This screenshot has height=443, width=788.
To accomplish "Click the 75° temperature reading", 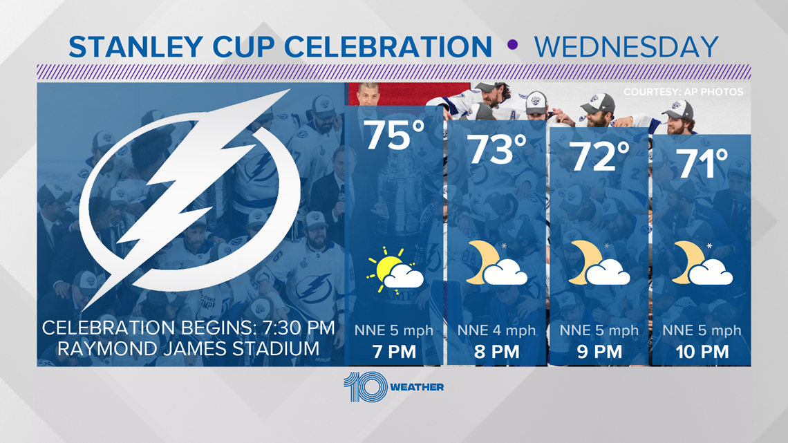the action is (395, 135).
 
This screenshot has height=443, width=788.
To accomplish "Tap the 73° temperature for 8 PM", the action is (498, 149).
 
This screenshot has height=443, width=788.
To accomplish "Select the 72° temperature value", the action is (600, 156).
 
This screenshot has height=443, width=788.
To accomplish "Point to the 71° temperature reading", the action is (702, 163).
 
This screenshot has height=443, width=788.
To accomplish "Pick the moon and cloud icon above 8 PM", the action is (496, 263).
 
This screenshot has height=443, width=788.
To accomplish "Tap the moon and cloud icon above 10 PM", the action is (702, 263).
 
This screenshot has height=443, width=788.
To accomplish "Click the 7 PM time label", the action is (395, 352).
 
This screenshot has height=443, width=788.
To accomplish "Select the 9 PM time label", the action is (599, 352).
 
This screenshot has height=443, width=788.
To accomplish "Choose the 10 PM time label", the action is (702, 352).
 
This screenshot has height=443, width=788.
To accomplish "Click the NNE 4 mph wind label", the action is (496, 330).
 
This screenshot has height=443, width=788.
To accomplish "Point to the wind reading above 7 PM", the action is (394, 330).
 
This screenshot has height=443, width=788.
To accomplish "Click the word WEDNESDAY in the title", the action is (626, 47).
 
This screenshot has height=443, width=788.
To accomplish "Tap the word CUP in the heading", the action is (243, 47).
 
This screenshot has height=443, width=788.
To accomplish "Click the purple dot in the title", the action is (513, 45).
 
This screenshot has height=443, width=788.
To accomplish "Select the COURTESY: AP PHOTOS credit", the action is (684, 92).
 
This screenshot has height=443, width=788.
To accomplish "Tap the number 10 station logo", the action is (366, 387).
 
